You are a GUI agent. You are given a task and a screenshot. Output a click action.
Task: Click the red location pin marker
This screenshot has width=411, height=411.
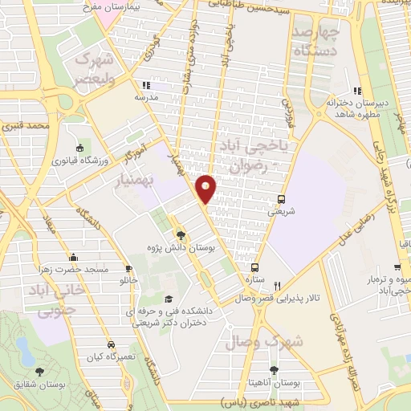[x=207, y=189]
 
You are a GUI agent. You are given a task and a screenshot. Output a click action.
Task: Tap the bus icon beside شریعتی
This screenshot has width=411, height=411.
[x=281, y=200]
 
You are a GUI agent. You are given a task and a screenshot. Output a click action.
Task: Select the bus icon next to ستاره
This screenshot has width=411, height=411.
[x=254, y=268]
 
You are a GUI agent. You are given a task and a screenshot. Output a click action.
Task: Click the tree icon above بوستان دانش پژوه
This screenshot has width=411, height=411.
[x=181, y=236]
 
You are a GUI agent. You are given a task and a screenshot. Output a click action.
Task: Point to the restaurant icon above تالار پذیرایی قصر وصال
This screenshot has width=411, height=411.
[x=278, y=285]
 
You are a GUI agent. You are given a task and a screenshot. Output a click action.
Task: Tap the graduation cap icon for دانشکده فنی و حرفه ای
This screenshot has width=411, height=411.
[x=169, y=299]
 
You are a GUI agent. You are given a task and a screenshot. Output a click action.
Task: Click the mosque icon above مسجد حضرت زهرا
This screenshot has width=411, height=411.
[x=74, y=258]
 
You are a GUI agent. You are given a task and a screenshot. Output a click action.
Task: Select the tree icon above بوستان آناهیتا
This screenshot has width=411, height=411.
[x=274, y=370]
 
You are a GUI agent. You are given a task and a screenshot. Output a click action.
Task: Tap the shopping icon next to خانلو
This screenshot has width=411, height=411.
[x=128, y=269]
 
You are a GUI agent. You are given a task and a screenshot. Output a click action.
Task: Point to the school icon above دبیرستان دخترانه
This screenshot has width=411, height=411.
[x=357, y=91]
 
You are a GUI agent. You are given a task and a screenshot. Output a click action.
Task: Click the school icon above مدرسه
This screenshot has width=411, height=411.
[x=145, y=85]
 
